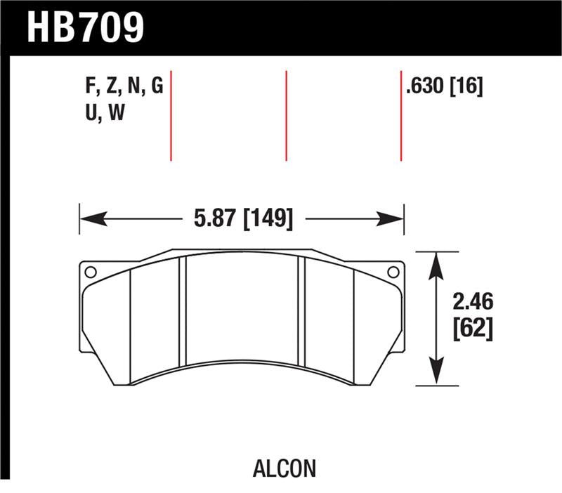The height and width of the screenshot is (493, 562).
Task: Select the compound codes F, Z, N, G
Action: pos(124,87)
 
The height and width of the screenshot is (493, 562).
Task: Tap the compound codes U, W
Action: pos(104,112)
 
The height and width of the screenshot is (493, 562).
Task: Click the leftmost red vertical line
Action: pos(171,115)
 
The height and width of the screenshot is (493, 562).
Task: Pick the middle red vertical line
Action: pos(287,115)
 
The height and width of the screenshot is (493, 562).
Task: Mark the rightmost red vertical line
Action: pos(401,115)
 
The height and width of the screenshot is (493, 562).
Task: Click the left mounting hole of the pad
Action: pos(89,272)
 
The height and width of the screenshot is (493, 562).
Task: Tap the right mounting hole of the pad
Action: pos(393,272)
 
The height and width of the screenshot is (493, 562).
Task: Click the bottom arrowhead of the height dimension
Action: pos(437,373)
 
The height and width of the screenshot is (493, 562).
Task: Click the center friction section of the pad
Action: pos(242,309)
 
